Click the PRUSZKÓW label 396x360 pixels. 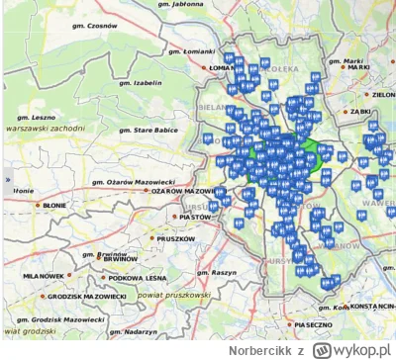[x=176, y=239]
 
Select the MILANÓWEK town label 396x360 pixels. [x=44, y=275]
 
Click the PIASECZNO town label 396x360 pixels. [x=316, y=323]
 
